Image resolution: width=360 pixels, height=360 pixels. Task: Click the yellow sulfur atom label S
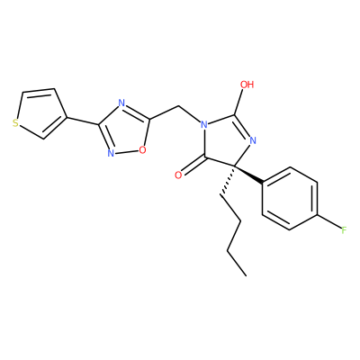point(15,123)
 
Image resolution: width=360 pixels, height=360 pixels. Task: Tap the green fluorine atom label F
point(344,230)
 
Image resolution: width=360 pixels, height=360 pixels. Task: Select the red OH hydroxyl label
point(247,85)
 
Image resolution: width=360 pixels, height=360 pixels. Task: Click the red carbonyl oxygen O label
point(178,175)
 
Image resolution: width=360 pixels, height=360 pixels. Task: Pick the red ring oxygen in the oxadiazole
point(142,149)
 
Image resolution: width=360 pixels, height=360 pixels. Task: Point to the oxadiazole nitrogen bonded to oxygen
point(111,153)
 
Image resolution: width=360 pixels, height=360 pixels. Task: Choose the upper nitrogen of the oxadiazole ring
point(121,103)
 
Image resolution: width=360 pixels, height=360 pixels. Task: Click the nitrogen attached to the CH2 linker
point(204,124)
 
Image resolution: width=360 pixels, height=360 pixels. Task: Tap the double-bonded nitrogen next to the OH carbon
point(252,140)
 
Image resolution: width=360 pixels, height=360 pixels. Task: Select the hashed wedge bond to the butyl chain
point(228,180)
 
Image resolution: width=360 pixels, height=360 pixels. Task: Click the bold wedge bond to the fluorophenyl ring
point(248,174)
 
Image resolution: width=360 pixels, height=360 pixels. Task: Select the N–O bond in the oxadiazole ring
point(127,152)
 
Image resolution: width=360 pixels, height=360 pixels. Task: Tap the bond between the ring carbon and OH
point(239,102)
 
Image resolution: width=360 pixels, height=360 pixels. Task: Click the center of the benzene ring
point(290,199)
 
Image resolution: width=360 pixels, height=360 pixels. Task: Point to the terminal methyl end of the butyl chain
point(246,275)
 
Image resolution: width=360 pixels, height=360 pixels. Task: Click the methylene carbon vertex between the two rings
point(179,106)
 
